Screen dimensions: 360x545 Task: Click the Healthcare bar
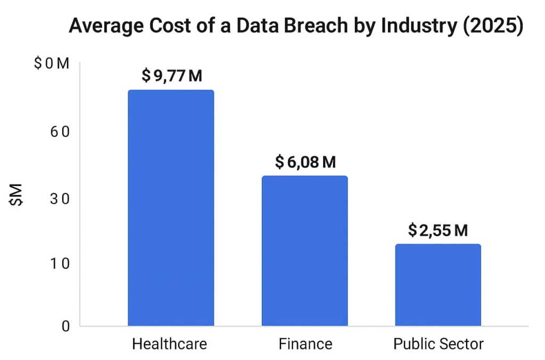(x=171, y=208)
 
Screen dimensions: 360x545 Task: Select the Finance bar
(x=304, y=250)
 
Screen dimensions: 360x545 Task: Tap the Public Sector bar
(x=438, y=285)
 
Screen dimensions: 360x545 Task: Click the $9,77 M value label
(x=171, y=76)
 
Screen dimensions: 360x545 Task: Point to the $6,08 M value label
(x=305, y=162)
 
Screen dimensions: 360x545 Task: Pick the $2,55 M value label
(x=438, y=230)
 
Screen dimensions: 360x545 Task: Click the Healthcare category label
(x=169, y=344)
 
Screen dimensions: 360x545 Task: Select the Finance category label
(x=305, y=344)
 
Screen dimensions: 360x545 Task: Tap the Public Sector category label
(x=439, y=344)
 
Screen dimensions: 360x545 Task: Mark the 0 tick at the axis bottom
(x=65, y=325)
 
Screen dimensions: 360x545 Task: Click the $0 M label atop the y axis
(x=52, y=64)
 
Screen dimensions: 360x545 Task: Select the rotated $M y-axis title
(x=18, y=195)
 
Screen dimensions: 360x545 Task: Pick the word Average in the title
(x=102, y=27)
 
